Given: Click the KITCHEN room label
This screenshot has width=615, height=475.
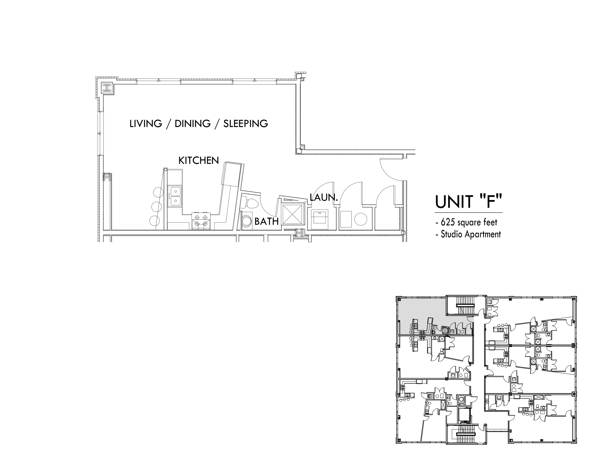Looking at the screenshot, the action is (198, 161).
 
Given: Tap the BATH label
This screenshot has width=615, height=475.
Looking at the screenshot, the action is (266, 222).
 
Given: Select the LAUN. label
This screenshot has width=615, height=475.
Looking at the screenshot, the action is (323, 197).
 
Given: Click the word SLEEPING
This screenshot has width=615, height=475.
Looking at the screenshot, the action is (245, 123).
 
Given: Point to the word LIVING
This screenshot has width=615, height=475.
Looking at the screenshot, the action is (146, 123).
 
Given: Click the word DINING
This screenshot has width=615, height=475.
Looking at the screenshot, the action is (193, 123).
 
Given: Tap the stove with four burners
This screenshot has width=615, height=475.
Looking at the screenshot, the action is (201, 221).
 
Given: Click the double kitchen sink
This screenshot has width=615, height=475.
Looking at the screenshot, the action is (175, 196).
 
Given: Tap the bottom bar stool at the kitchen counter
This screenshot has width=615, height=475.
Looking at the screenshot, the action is (154, 221).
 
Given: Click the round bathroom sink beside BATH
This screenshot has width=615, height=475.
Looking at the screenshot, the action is (247, 221).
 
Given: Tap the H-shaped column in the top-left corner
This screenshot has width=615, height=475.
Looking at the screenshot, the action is (107, 88).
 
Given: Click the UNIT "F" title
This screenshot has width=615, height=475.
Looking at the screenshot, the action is (469, 202).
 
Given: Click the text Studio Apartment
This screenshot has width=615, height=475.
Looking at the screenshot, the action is (471, 234).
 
